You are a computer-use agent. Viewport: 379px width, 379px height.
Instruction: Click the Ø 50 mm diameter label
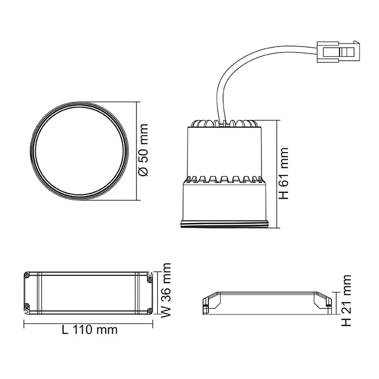143,149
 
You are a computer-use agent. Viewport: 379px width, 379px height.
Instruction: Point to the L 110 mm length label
89,329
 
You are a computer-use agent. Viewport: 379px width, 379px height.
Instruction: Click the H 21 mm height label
347,300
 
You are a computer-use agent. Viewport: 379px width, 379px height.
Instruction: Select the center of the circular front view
80,150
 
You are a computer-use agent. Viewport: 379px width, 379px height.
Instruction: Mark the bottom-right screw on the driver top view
149,309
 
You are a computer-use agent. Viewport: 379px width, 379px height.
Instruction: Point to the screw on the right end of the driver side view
328,308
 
